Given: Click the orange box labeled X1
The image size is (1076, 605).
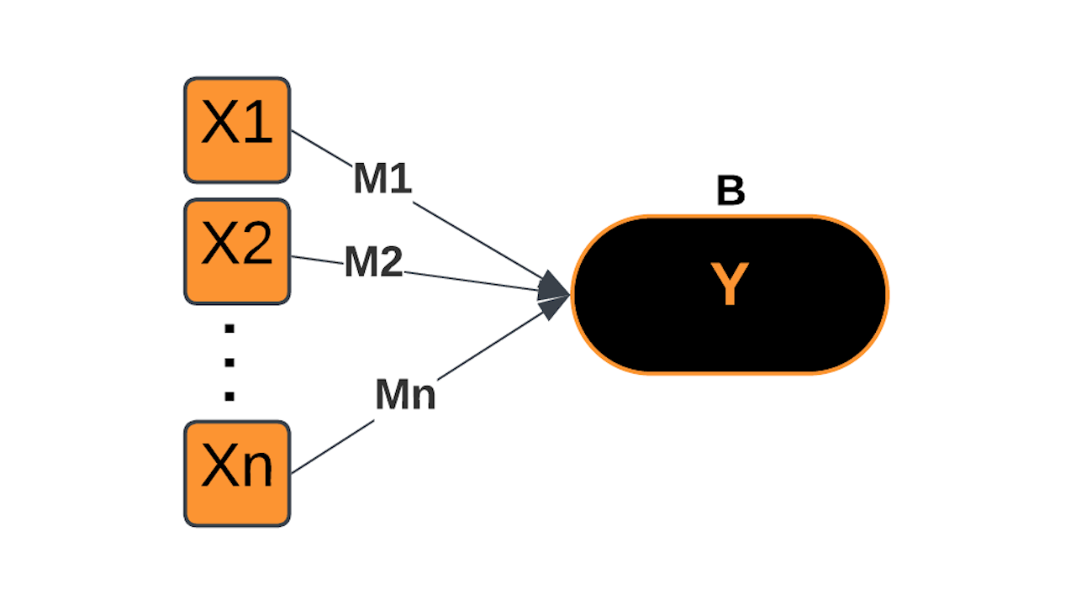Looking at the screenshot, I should click(237, 129).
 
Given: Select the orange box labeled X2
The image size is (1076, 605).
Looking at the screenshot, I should click(237, 251).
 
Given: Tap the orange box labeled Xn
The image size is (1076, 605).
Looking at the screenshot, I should click(237, 473).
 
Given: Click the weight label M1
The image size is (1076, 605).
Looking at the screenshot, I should click(382, 179).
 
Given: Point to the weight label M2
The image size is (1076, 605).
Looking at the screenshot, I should click(373, 263).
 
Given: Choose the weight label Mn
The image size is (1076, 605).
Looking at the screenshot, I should click(405, 395).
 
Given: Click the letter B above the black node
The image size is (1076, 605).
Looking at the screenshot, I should click(730, 192).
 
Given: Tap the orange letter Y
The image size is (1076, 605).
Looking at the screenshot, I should click(729, 285).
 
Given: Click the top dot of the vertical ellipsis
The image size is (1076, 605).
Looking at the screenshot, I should click(229, 329).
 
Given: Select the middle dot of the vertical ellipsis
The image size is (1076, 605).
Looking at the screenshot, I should click(229, 362).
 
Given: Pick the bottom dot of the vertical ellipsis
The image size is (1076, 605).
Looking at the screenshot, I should click(229, 395).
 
